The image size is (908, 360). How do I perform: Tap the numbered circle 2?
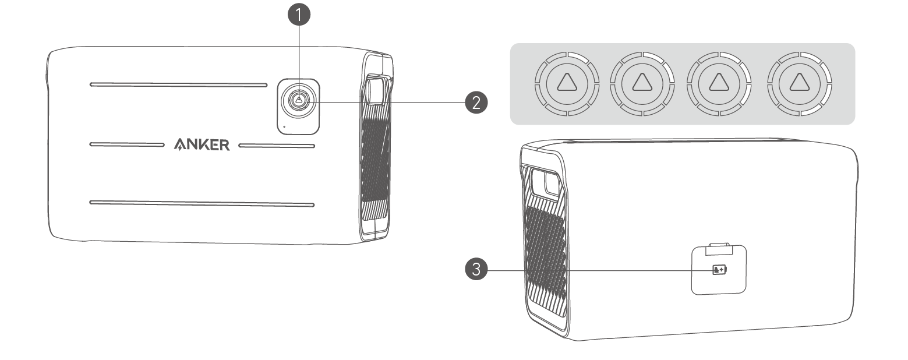476,103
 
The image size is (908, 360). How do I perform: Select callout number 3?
476,270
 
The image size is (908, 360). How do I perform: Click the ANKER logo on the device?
202,144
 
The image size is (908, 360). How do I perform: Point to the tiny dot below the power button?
284,125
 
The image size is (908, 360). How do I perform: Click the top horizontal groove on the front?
178,84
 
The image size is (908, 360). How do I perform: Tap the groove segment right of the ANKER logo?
277,144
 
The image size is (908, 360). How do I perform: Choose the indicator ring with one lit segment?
564,83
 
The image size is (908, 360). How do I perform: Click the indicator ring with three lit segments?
718,83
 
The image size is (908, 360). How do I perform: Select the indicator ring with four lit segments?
796,83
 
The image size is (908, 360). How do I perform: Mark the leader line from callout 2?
390,103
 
